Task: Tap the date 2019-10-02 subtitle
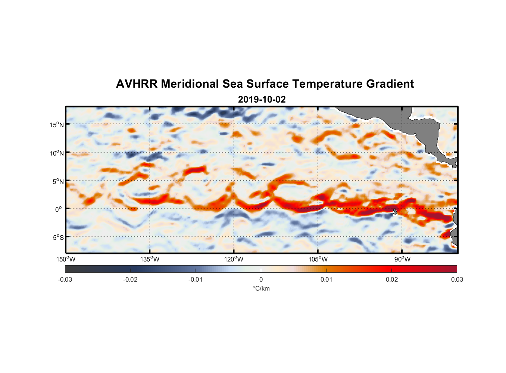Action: click(262, 100)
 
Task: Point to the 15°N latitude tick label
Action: click(57, 125)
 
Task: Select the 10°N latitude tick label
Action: click(57, 153)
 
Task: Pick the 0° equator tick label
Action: click(59, 210)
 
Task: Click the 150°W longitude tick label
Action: click(66, 259)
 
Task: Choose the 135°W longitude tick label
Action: click(150, 259)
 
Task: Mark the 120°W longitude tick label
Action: click(234, 259)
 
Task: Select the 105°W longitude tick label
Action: click(318, 259)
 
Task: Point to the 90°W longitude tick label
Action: click(402, 259)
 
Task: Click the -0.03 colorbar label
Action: click(65, 280)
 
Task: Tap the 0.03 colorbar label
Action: click(457, 280)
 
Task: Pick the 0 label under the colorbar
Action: click(261, 280)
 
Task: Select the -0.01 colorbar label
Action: click(196, 280)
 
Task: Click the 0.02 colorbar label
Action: click(391, 280)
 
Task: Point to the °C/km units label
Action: click(261, 288)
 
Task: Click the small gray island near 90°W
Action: click(395, 211)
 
